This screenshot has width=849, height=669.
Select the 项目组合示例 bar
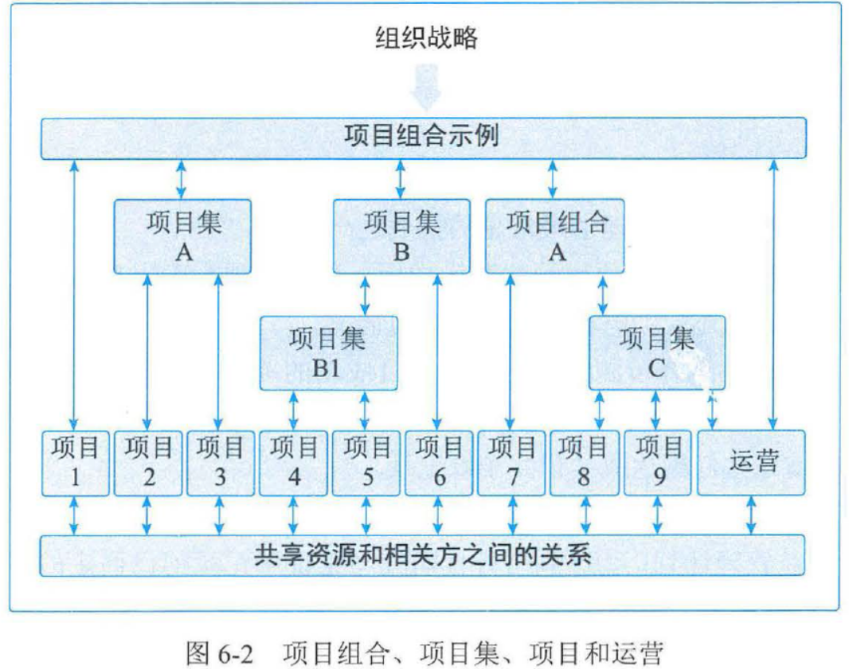pyautogui.click(x=424, y=137)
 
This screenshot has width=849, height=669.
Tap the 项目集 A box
pyautogui.click(x=182, y=236)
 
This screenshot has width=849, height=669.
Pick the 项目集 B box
pyautogui.click(x=401, y=236)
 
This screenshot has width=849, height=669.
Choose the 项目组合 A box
pyautogui.click(x=555, y=236)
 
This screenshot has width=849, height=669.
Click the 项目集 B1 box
pyautogui.click(x=328, y=352)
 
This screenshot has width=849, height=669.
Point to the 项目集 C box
pyautogui.click(x=657, y=352)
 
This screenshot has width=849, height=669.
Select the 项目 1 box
pyautogui.click(x=75, y=463)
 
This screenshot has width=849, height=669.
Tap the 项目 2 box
pyautogui.click(x=147, y=463)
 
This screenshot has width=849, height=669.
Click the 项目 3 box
pyautogui.click(x=220, y=463)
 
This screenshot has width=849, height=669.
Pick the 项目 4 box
pyautogui.click(x=293, y=463)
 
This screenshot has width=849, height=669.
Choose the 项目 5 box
pyautogui.click(x=366, y=463)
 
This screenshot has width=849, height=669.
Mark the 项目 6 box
pyautogui.click(x=438, y=463)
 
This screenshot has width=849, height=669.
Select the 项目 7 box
pyautogui.click(x=511, y=463)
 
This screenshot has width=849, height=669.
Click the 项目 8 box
pyautogui.click(x=584, y=463)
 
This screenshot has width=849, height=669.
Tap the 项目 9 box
pyautogui.click(x=658, y=463)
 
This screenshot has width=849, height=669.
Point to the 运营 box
pyautogui.click(x=751, y=462)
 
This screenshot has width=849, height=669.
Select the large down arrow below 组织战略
pyautogui.click(x=426, y=88)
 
